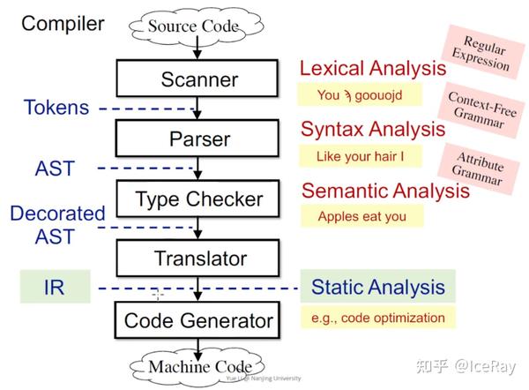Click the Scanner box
[199, 79]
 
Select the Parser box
[199, 139]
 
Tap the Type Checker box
[199, 199]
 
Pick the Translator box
[199, 259]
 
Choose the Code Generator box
[199, 319]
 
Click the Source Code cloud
[192, 26]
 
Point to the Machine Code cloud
[199, 366]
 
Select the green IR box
[54, 288]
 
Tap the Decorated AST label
[57, 225]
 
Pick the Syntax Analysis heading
[372, 129]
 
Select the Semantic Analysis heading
[385, 190]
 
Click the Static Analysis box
[378, 287]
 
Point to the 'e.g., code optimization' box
[378, 318]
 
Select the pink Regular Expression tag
[480, 53]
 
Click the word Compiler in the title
[63, 24]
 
